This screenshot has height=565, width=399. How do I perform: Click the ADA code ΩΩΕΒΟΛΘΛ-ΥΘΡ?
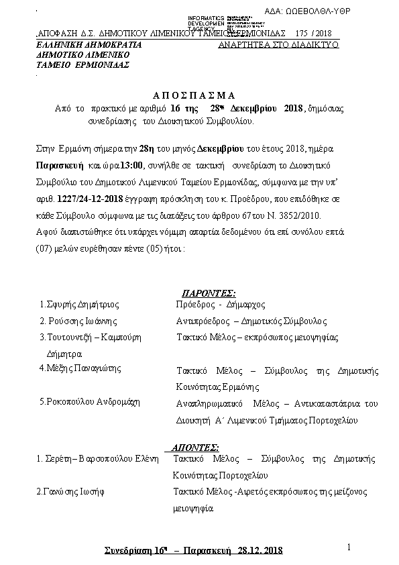click(x=327, y=11)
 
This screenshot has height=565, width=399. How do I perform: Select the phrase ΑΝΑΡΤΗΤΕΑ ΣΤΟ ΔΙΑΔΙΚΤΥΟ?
click(x=278, y=44)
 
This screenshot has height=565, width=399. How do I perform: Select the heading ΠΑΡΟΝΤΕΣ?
click(x=209, y=293)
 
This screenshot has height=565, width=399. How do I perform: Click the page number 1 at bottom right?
click(x=349, y=547)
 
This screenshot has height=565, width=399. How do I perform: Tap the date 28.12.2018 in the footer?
click(x=261, y=551)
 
